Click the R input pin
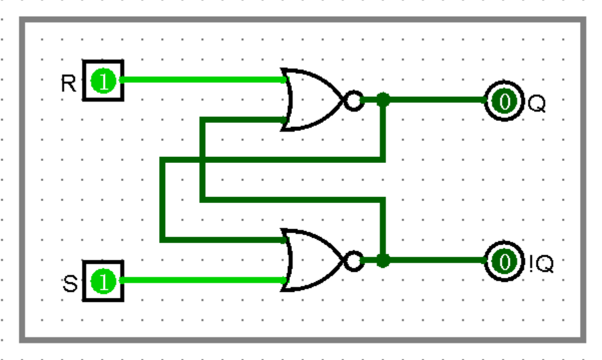pyautogui.click(x=104, y=81)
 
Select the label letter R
pyautogui.click(x=69, y=83)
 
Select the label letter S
pyautogui.click(x=69, y=284)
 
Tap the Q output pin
pyautogui.click(x=504, y=102)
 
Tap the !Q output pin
pyautogui.click(x=504, y=261)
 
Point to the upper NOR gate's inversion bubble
pyautogui.click(x=353, y=101)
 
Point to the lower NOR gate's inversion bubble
pyautogui.click(x=353, y=260)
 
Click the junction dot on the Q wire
pyautogui.click(x=383, y=101)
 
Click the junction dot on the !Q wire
pyautogui.click(x=383, y=260)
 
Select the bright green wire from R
pyautogui.click(x=200, y=79)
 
